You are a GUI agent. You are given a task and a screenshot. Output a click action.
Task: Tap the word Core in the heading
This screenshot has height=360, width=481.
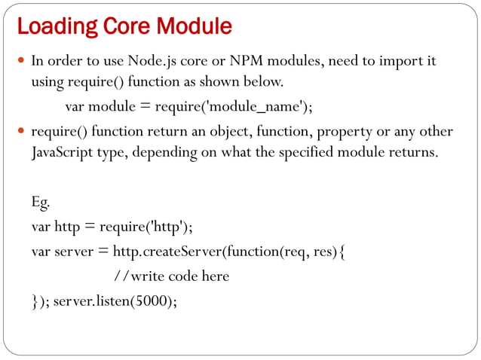tap(119, 26)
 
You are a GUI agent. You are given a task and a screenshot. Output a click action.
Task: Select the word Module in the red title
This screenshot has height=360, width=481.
tap(194, 26)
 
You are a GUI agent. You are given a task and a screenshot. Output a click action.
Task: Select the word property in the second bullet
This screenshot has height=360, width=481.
tap(342, 133)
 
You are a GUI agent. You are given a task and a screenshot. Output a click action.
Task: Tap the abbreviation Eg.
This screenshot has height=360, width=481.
tap(41, 203)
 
